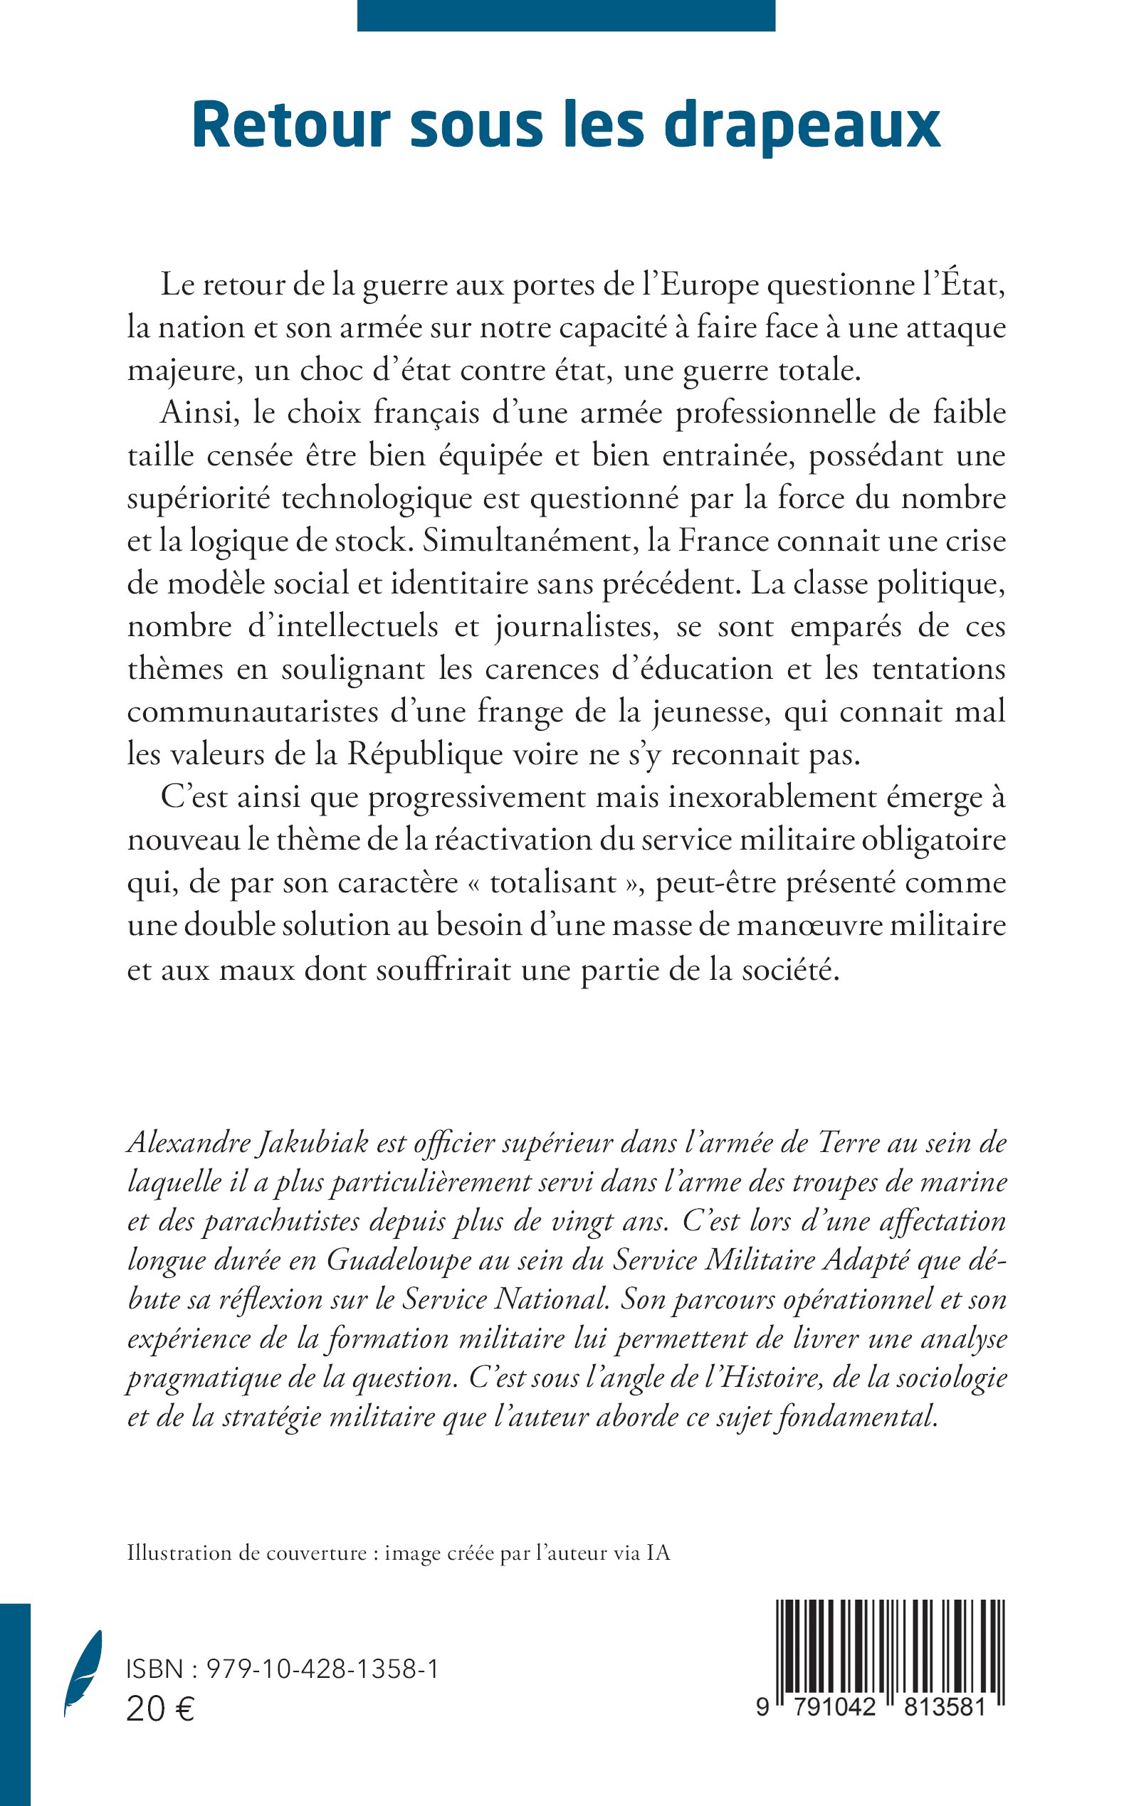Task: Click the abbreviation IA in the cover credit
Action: [658, 1553]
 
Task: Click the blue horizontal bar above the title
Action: [566, 15]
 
